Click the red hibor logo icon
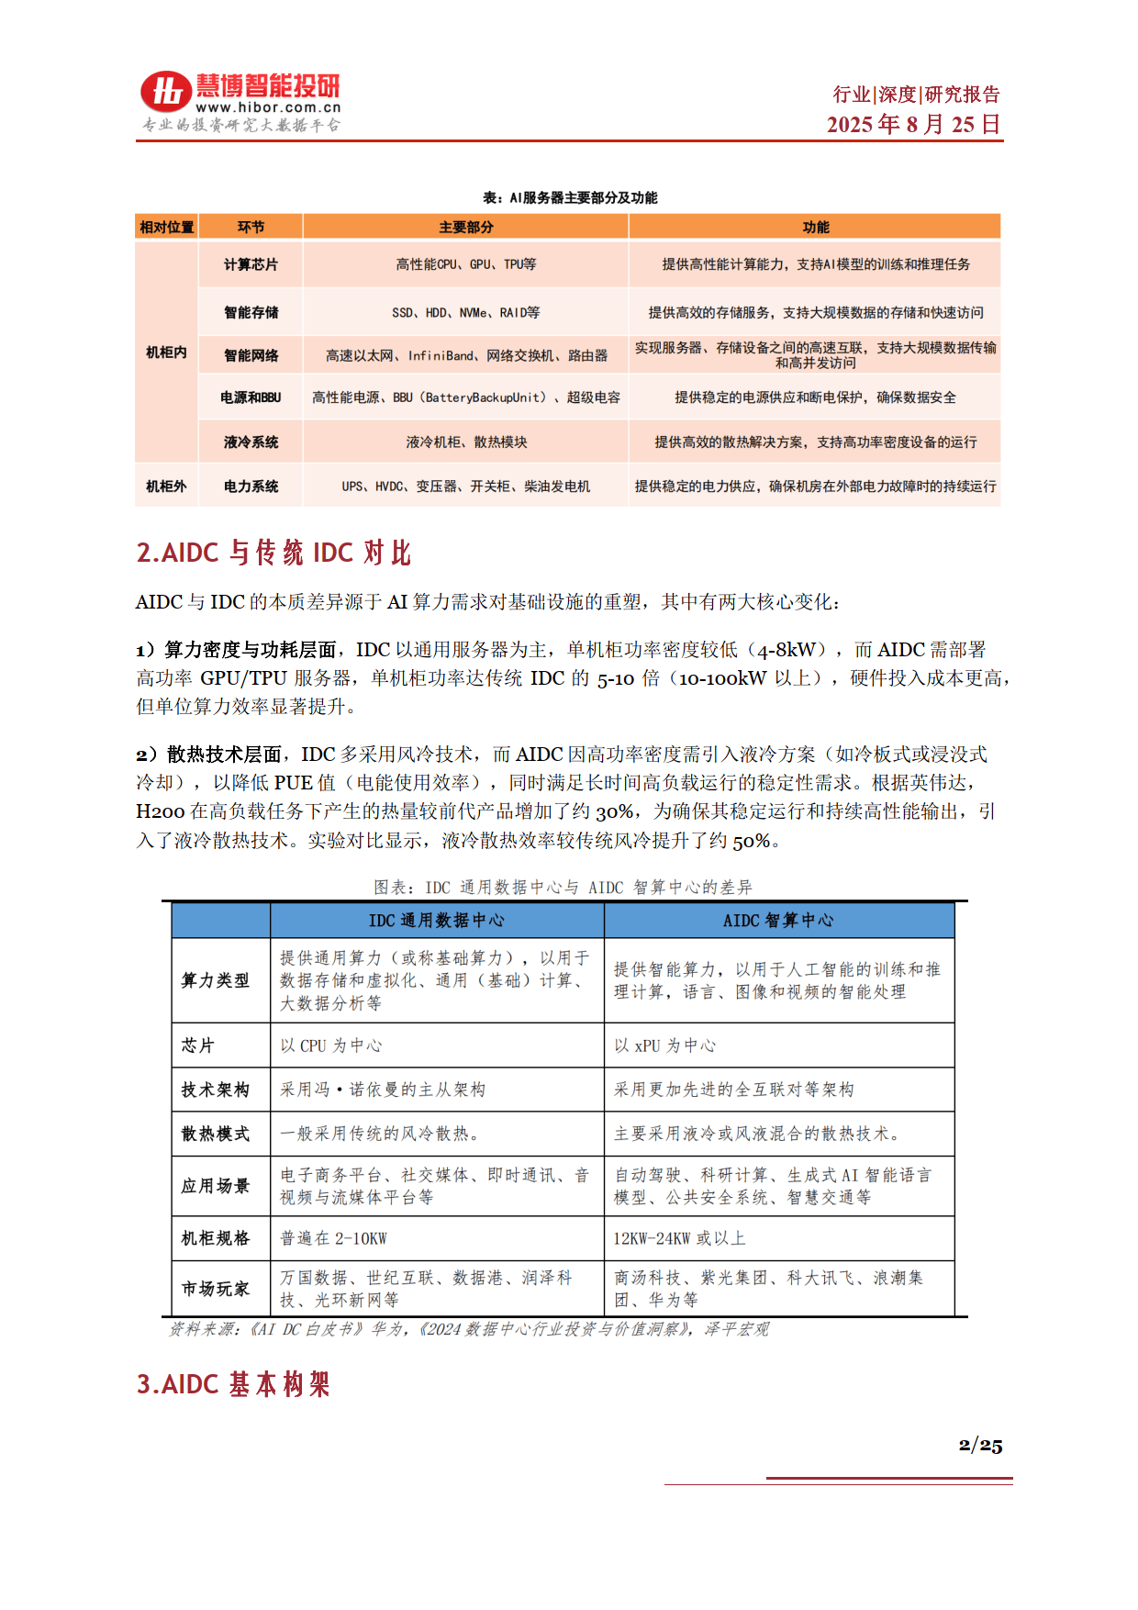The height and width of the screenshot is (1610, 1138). click(165, 92)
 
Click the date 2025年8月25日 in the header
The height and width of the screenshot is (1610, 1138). click(912, 125)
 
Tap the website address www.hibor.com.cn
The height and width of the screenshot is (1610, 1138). click(267, 107)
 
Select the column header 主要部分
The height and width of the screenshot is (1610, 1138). click(465, 227)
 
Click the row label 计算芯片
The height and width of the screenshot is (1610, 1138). click(251, 264)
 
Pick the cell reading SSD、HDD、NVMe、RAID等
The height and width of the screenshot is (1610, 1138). click(465, 312)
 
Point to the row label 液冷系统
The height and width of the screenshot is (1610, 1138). click(251, 442)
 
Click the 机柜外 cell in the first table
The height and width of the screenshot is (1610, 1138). click(166, 486)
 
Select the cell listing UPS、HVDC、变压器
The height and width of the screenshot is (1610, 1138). click(465, 486)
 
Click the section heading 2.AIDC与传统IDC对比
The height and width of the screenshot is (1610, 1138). click(273, 553)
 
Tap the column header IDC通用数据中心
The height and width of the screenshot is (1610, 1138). click(436, 920)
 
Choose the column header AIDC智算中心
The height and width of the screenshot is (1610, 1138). click(778, 920)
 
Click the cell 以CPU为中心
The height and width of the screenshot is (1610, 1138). click(330, 1045)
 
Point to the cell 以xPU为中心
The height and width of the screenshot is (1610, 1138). click(664, 1045)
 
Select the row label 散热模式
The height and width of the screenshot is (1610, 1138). click(216, 1134)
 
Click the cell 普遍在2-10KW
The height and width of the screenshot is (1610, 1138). click(333, 1238)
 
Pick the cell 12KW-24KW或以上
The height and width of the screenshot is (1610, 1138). click(679, 1238)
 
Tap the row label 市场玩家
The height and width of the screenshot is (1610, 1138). click(216, 1289)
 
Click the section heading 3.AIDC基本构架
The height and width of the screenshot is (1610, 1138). click(233, 1384)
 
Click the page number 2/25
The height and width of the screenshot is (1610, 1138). click(979, 1446)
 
